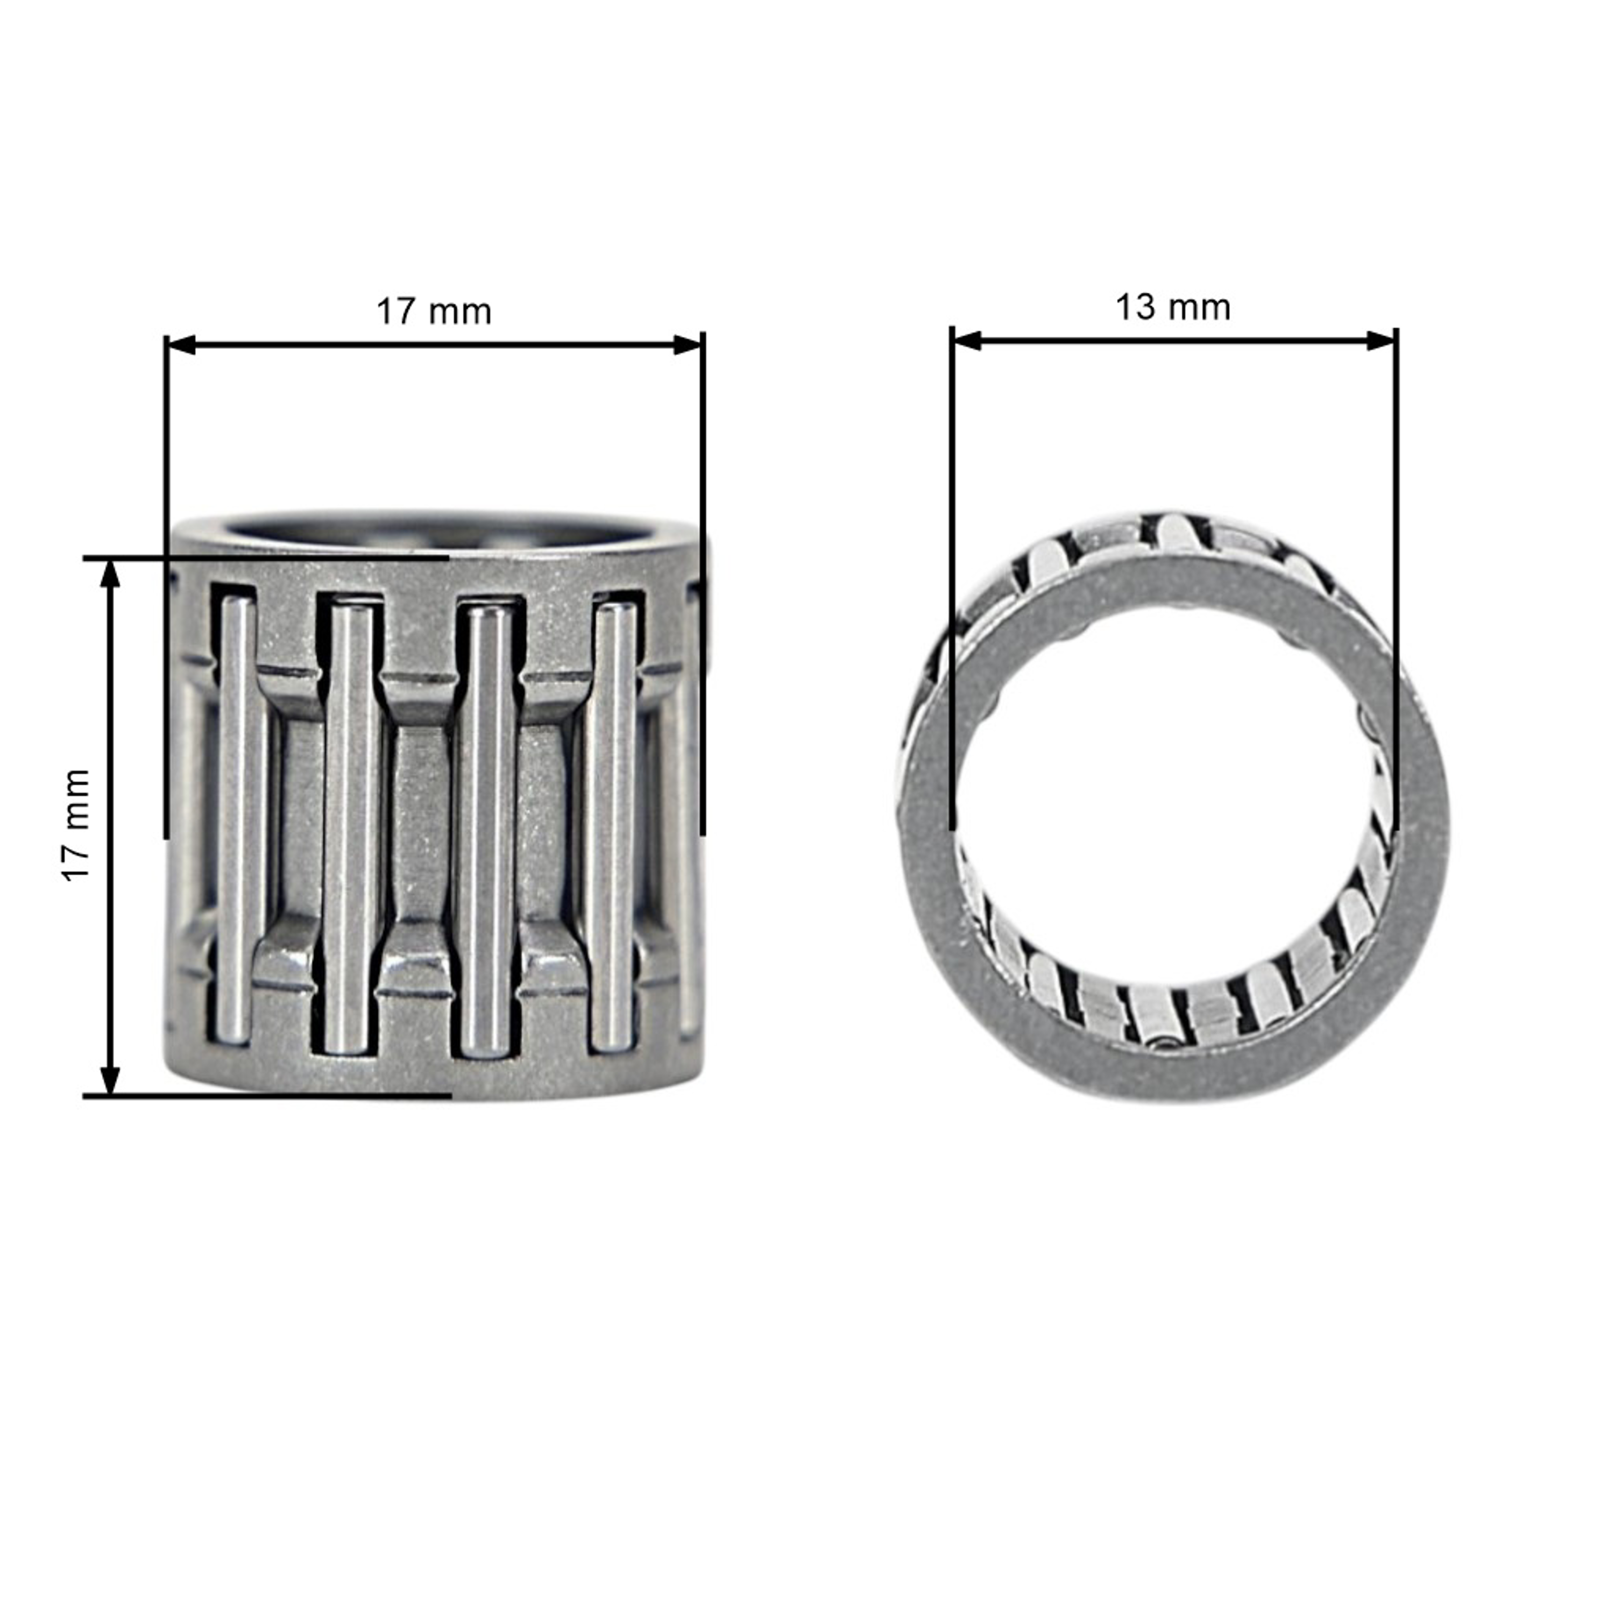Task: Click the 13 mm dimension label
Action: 1173,307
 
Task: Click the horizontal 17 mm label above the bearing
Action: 434,312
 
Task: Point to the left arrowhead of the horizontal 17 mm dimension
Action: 180,344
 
